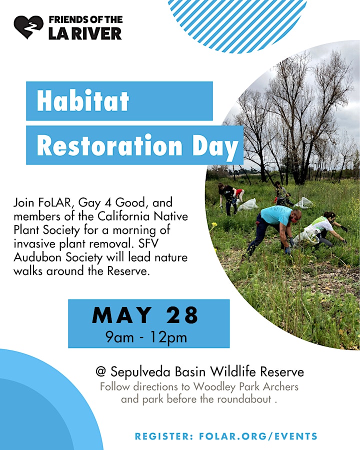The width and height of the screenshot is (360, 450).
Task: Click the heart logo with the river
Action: pyautogui.click(x=28, y=26)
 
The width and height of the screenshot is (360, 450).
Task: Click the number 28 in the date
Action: pyautogui.click(x=182, y=315)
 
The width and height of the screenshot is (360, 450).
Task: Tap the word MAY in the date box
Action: pyautogui.click(x=121, y=315)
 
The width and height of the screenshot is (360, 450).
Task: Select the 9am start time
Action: pyautogui.click(x=119, y=337)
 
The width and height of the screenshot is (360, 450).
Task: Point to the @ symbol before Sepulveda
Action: pyautogui.click(x=101, y=371)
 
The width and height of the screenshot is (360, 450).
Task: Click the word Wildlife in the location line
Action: pyautogui.click(x=232, y=371)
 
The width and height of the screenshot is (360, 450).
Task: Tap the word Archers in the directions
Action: pyautogui.click(x=281, y=386)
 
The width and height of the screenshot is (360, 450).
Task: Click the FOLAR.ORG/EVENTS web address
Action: pyautogui.click(x=258, y=436)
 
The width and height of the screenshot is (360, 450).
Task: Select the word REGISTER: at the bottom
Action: pyautogui.click(x=164, y=436)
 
